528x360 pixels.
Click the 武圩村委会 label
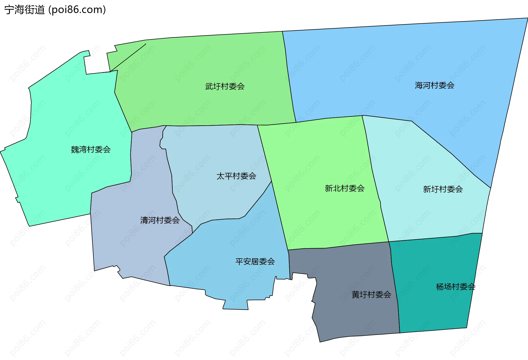point(225,86)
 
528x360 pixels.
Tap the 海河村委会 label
point(435,85)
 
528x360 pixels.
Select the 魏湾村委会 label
point(91,149)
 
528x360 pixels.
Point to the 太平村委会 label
point(236,176)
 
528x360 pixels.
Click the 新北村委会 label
point(345,188)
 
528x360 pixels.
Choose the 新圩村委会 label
point(443,189)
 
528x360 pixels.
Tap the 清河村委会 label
point(160,220)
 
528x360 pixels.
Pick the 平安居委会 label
point(255,261)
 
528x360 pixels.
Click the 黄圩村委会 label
point(371,295)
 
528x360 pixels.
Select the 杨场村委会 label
point(455,287)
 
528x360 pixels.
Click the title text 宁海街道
point(24,10)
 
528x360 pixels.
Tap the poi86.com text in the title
point(77,10)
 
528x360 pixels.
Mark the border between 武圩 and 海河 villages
point(288,77)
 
